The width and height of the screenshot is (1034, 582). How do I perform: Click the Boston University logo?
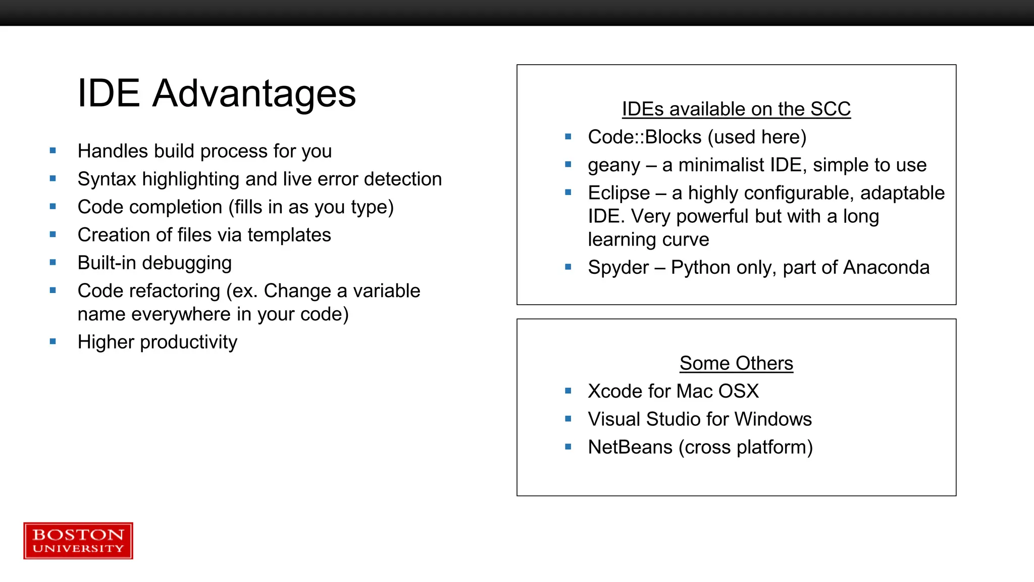(x=78, y=541)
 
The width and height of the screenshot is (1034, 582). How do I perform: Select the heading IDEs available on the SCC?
(x=736, y=109)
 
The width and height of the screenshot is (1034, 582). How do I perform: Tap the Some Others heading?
(x=736, y=363)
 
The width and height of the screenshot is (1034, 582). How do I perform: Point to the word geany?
(x=613, y=166)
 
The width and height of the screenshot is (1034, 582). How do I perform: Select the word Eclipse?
(x=618, y=193)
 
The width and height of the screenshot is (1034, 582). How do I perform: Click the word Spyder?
(x=618, y=268)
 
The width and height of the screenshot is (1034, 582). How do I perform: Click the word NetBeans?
(x=630, y=447)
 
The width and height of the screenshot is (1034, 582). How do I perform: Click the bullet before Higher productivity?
(x=53, y=342)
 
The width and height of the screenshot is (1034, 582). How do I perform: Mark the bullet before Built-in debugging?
(x=53, y=262)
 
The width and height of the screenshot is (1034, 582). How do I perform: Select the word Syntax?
(x=107, y=179)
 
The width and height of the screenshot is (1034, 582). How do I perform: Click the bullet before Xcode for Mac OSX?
(x=568, y=391)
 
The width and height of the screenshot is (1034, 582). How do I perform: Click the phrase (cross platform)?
(x=745, y=447)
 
